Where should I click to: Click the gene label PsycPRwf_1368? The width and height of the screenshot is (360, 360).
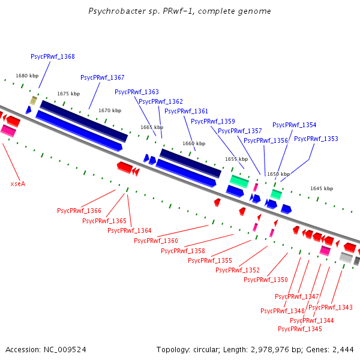click(53, 56)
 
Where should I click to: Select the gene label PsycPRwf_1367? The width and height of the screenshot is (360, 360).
click(103, 77)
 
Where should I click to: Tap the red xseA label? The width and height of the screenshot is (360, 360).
click(18, 184)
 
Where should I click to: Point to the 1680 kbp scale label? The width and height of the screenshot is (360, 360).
click(27, 76)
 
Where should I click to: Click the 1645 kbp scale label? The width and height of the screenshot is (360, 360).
click(322, 188)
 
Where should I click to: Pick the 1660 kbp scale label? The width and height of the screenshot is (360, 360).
click(190, 144)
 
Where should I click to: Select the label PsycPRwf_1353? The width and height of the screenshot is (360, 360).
click(316, 139)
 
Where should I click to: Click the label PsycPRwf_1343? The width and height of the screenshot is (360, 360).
click(331, 307)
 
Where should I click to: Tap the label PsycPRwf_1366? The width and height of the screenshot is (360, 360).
click(79, 211)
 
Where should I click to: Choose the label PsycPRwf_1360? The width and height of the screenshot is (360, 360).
click(156, 241)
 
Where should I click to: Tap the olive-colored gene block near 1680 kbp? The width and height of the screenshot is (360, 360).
click(34, 100)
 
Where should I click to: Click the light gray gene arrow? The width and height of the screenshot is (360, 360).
click(346, 257)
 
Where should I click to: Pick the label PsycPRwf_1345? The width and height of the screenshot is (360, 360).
click(300, 329)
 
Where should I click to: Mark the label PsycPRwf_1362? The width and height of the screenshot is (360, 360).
click(161, 101)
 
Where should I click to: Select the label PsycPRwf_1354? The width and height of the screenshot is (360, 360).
click(294, 125)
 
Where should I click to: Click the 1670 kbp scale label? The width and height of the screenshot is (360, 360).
click(110, 110)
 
